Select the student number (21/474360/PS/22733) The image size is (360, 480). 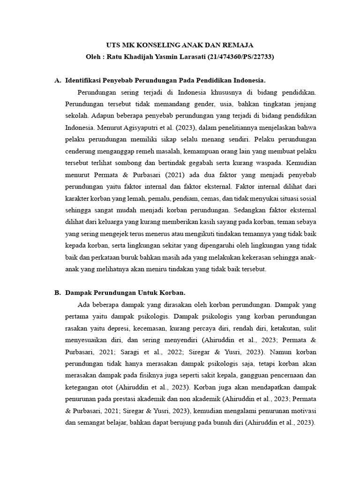click(233, 57)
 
